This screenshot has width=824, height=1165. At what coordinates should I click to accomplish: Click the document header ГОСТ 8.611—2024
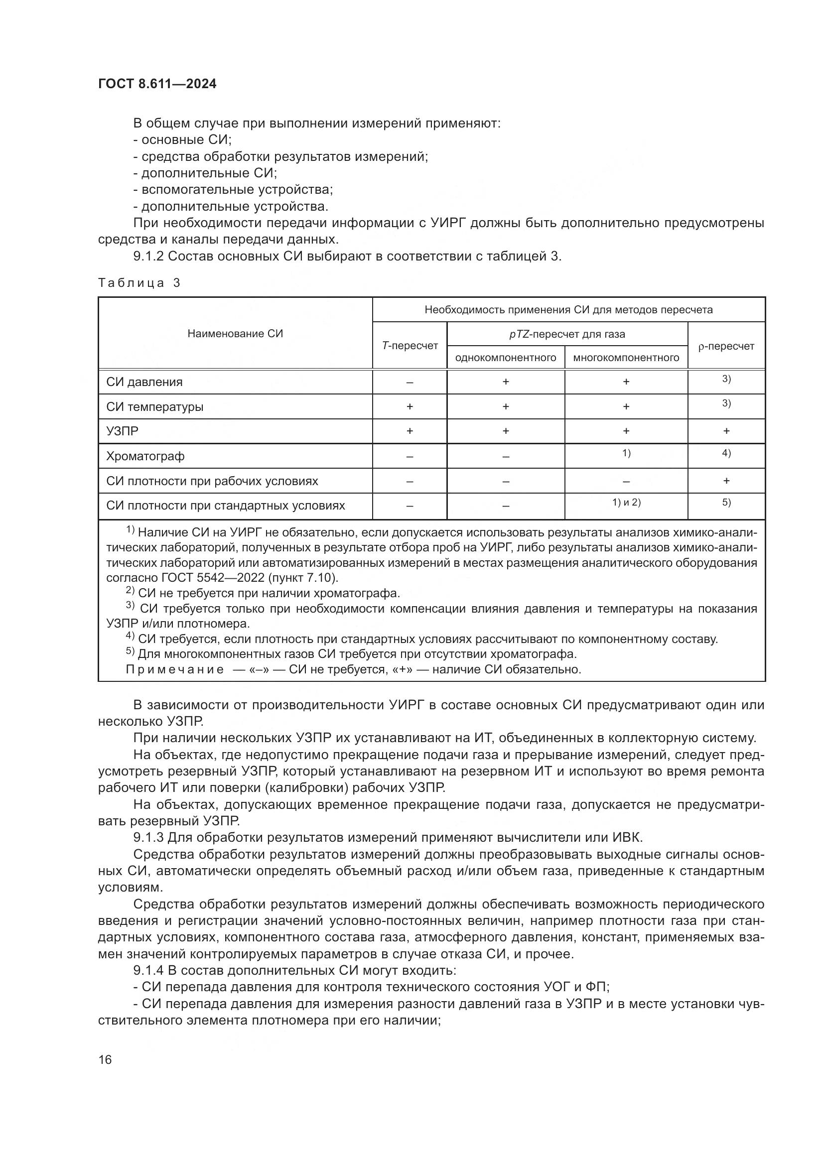point(157,84)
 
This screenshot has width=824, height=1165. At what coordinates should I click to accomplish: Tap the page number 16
point(105,1059)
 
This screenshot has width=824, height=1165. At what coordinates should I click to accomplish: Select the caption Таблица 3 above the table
point(139,283)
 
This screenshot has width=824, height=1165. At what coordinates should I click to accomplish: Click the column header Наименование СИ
point(235,333)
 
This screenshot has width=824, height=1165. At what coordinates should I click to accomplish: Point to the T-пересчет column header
point(410,346)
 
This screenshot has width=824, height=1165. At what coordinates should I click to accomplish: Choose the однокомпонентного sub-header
point(505,358)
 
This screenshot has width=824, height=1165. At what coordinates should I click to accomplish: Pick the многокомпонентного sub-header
point(626,358)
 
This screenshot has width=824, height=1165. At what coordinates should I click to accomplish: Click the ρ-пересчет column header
point(726,346)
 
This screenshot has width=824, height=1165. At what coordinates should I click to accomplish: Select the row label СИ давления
point(144,382)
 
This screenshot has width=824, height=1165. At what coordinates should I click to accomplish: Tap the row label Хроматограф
point(145,456)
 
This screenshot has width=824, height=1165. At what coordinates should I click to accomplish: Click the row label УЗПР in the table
point(122,431)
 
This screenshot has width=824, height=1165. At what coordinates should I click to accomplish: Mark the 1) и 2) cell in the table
point(626,503)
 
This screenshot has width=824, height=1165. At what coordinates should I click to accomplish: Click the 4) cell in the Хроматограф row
point(726,453)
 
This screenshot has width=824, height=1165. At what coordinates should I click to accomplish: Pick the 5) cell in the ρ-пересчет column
point(726,503)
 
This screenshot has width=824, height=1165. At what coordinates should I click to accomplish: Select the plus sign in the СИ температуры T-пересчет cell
point(410,406)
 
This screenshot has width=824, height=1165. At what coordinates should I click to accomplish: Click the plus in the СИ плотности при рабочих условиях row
point(726,481)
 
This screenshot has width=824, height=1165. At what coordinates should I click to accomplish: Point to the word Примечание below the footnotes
point(174,669)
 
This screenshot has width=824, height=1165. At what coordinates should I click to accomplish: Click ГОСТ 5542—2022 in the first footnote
point(212,578)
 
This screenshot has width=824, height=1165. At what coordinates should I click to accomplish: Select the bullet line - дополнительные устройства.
point(231,207)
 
